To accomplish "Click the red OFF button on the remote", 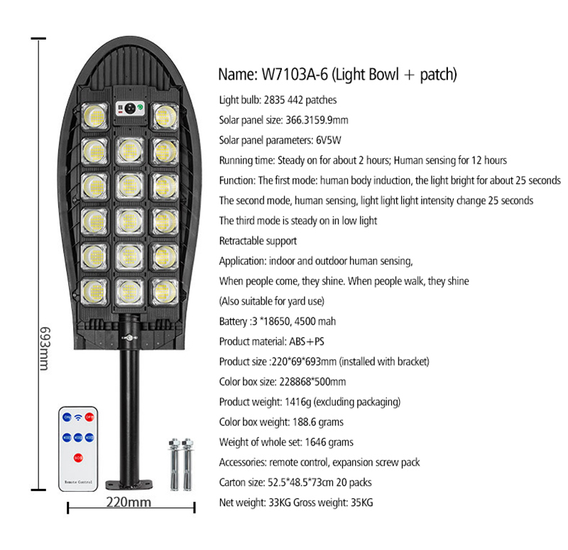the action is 89,417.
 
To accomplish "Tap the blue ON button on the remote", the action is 67,417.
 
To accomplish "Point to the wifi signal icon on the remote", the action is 78,417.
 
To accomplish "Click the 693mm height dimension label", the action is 45,348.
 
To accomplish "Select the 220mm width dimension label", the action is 129,502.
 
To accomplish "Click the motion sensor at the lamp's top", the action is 130,108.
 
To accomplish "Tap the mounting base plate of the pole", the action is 129,485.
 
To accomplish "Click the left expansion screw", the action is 174,465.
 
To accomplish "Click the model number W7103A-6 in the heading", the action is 295,75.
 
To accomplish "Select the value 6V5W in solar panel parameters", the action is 328,140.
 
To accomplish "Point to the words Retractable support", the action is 258,241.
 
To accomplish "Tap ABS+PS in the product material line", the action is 307,341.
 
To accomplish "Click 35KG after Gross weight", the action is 361,502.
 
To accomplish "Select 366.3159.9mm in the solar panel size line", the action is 317,120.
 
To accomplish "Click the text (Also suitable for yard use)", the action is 272,301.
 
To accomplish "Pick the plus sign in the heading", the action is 409,75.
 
